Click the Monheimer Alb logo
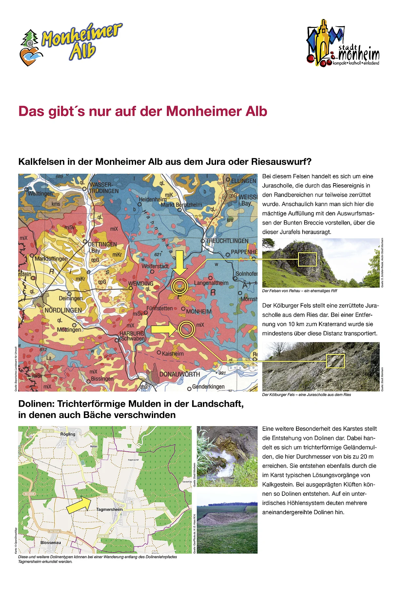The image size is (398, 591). pos(70,44)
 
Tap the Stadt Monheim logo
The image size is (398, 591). pos(342,43)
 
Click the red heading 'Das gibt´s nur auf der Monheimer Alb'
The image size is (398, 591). pos(143,111)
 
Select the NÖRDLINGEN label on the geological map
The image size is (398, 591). pos(63,310)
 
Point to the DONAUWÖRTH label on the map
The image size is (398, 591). pos(179,374)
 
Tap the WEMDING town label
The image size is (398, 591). pos(141,283)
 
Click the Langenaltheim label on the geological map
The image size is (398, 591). pos(211,283)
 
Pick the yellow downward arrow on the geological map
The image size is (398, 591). pos(180,263)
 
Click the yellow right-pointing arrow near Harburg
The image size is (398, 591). pos(163,328)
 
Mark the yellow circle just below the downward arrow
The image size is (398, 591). pos(180,286)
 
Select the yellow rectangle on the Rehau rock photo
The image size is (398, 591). pos(307,259)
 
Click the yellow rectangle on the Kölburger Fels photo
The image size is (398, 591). pos(335,361)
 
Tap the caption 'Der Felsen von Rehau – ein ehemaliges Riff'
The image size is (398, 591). pos(299,291)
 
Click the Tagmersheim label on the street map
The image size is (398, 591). pos(109,510)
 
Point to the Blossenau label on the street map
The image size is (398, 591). pos(50,542)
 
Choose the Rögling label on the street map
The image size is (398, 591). pos(68,434)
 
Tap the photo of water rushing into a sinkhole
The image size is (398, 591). pos(227,456)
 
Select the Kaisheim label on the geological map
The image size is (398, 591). pos(172,354)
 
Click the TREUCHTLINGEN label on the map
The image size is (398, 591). pos(227,241)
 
